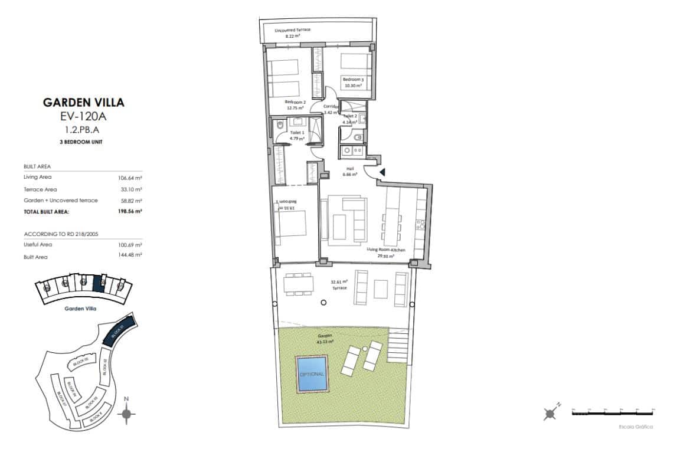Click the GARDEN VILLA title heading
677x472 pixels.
coord(84,102)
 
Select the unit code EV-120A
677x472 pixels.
coord(84,116)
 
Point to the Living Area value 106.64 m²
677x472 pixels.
coord(130,178)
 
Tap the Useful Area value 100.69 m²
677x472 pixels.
coord(130,244)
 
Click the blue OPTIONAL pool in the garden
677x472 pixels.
coord(312,373)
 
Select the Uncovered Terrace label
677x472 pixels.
coord(292,29)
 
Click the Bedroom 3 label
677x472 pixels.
coord(354,79)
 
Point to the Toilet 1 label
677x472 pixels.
coord(296,133)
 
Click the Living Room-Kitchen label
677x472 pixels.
coord(385,250)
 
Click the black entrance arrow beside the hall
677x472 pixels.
coord(382,172)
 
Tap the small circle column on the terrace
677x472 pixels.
coord(323,303)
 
